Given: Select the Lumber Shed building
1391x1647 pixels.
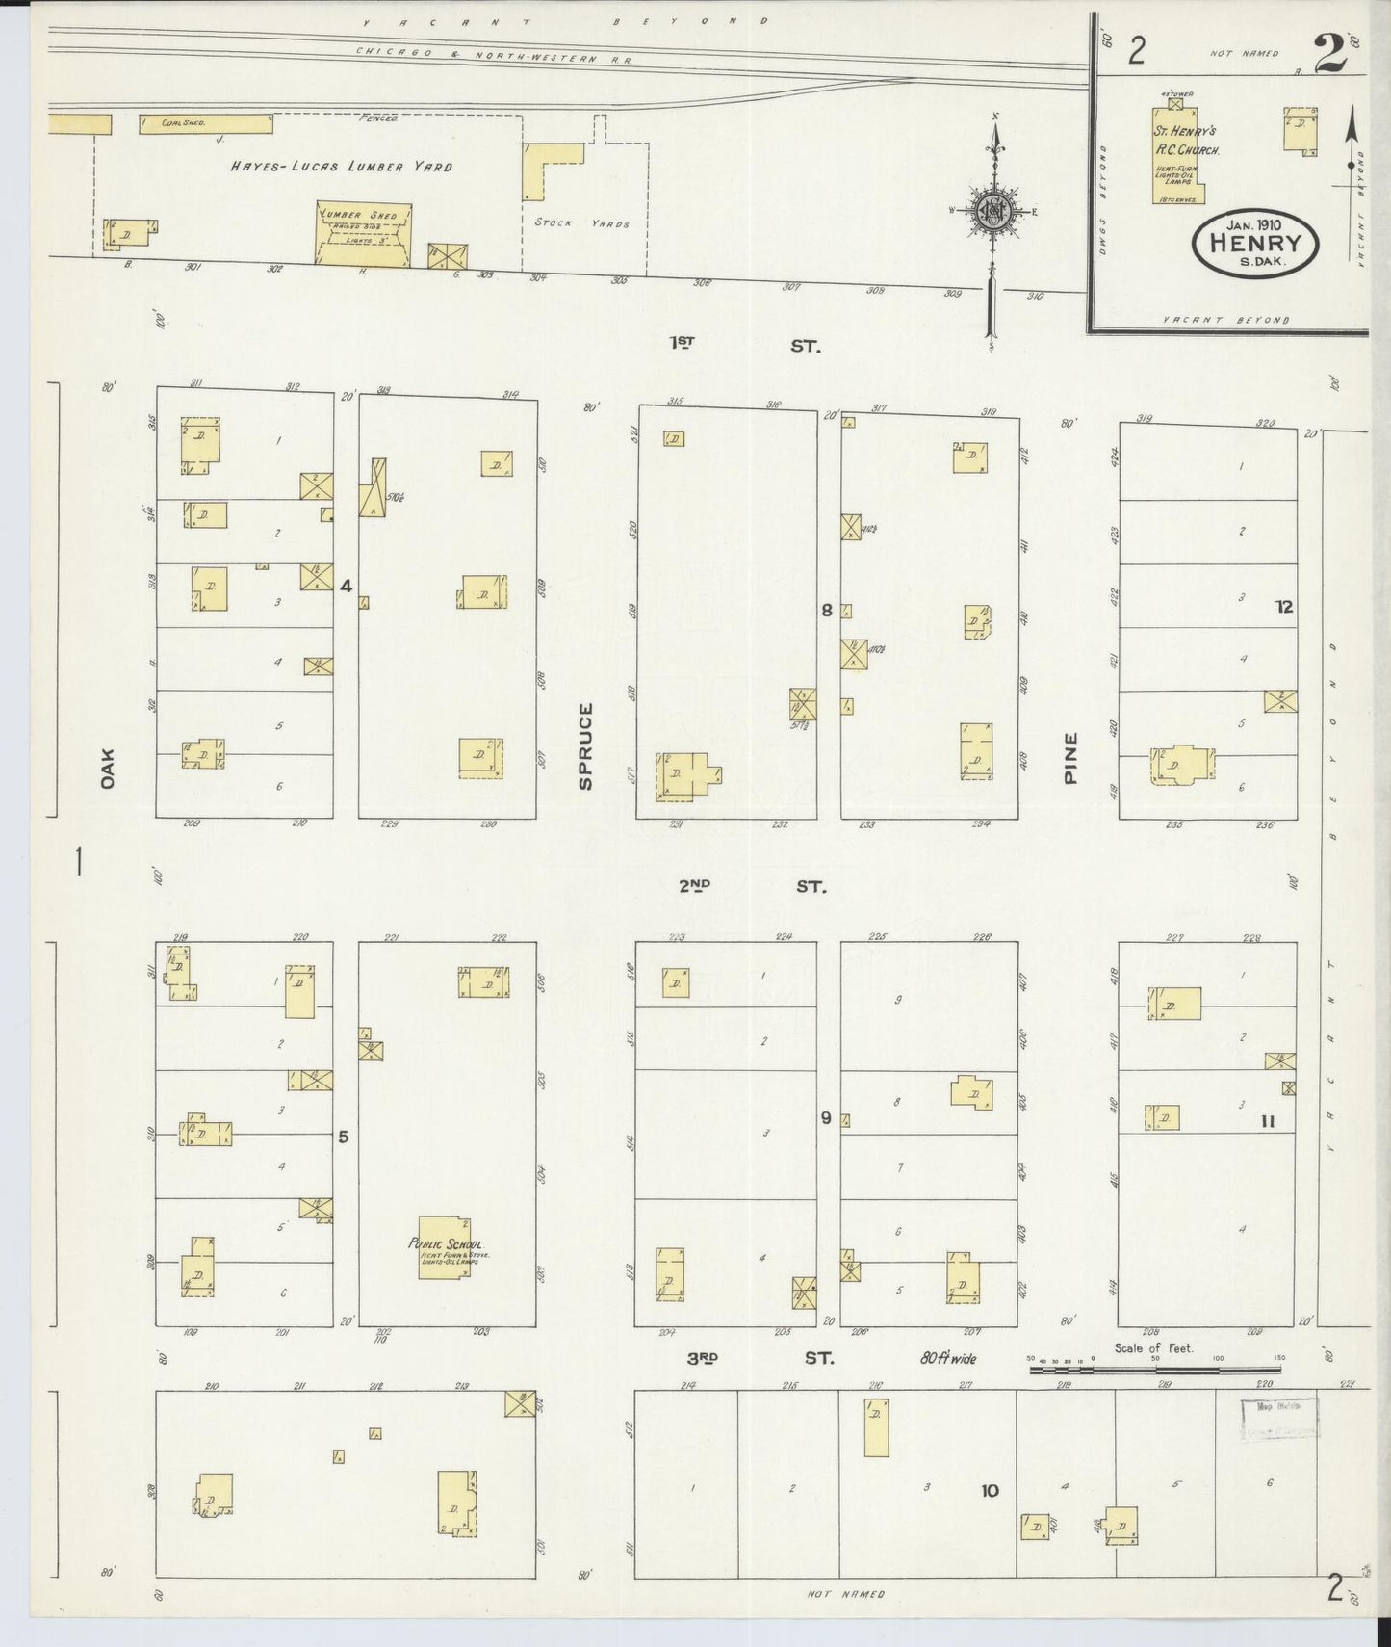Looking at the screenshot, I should pyautogui.click(x=365, y=232).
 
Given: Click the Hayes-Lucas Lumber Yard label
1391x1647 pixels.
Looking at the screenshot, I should pyautogui.click(x=341, y=167).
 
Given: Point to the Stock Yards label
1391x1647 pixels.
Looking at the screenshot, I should pyautogui.click(x=582, y=223).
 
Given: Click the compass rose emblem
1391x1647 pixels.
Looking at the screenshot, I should pyautogui.click(x=992, y=214).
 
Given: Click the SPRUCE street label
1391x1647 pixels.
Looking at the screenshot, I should pyautogui.click(x=585, y=745).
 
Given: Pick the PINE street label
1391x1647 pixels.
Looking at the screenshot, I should pyautogui.click(x=1070, y=758).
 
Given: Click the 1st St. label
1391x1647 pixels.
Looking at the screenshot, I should pyautogui.click(x=745, y=344).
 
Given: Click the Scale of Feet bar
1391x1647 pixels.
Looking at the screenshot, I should pyautogui.click(x=1155, y=1368).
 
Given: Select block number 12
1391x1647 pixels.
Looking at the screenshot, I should pyautogui.click(x=1283, y=607).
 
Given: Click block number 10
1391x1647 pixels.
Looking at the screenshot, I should pyautogui.click(x=990, y=1491).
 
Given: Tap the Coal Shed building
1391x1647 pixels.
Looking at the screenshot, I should pyautogui.click(x=206, y=124).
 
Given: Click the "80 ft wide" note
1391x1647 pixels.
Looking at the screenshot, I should pyautogui.click(x=947, y=1359).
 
